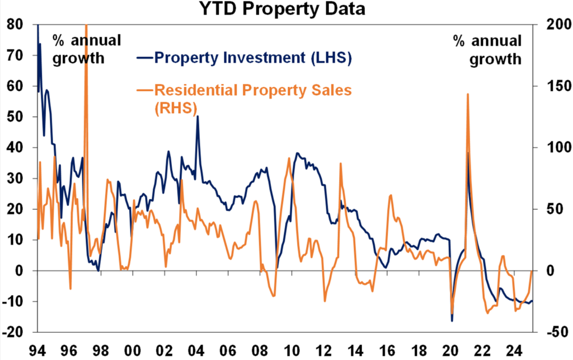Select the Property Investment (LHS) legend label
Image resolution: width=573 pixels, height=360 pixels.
click(253, 58)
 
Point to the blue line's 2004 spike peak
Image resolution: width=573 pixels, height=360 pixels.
click(198, 116)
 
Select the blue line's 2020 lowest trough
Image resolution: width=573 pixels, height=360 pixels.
click(452, 321)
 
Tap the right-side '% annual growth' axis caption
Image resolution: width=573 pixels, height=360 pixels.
click(487, 49)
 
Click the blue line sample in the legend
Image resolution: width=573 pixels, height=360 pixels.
click(144, 58)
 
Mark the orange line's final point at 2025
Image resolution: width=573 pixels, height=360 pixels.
click(531, 272)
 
